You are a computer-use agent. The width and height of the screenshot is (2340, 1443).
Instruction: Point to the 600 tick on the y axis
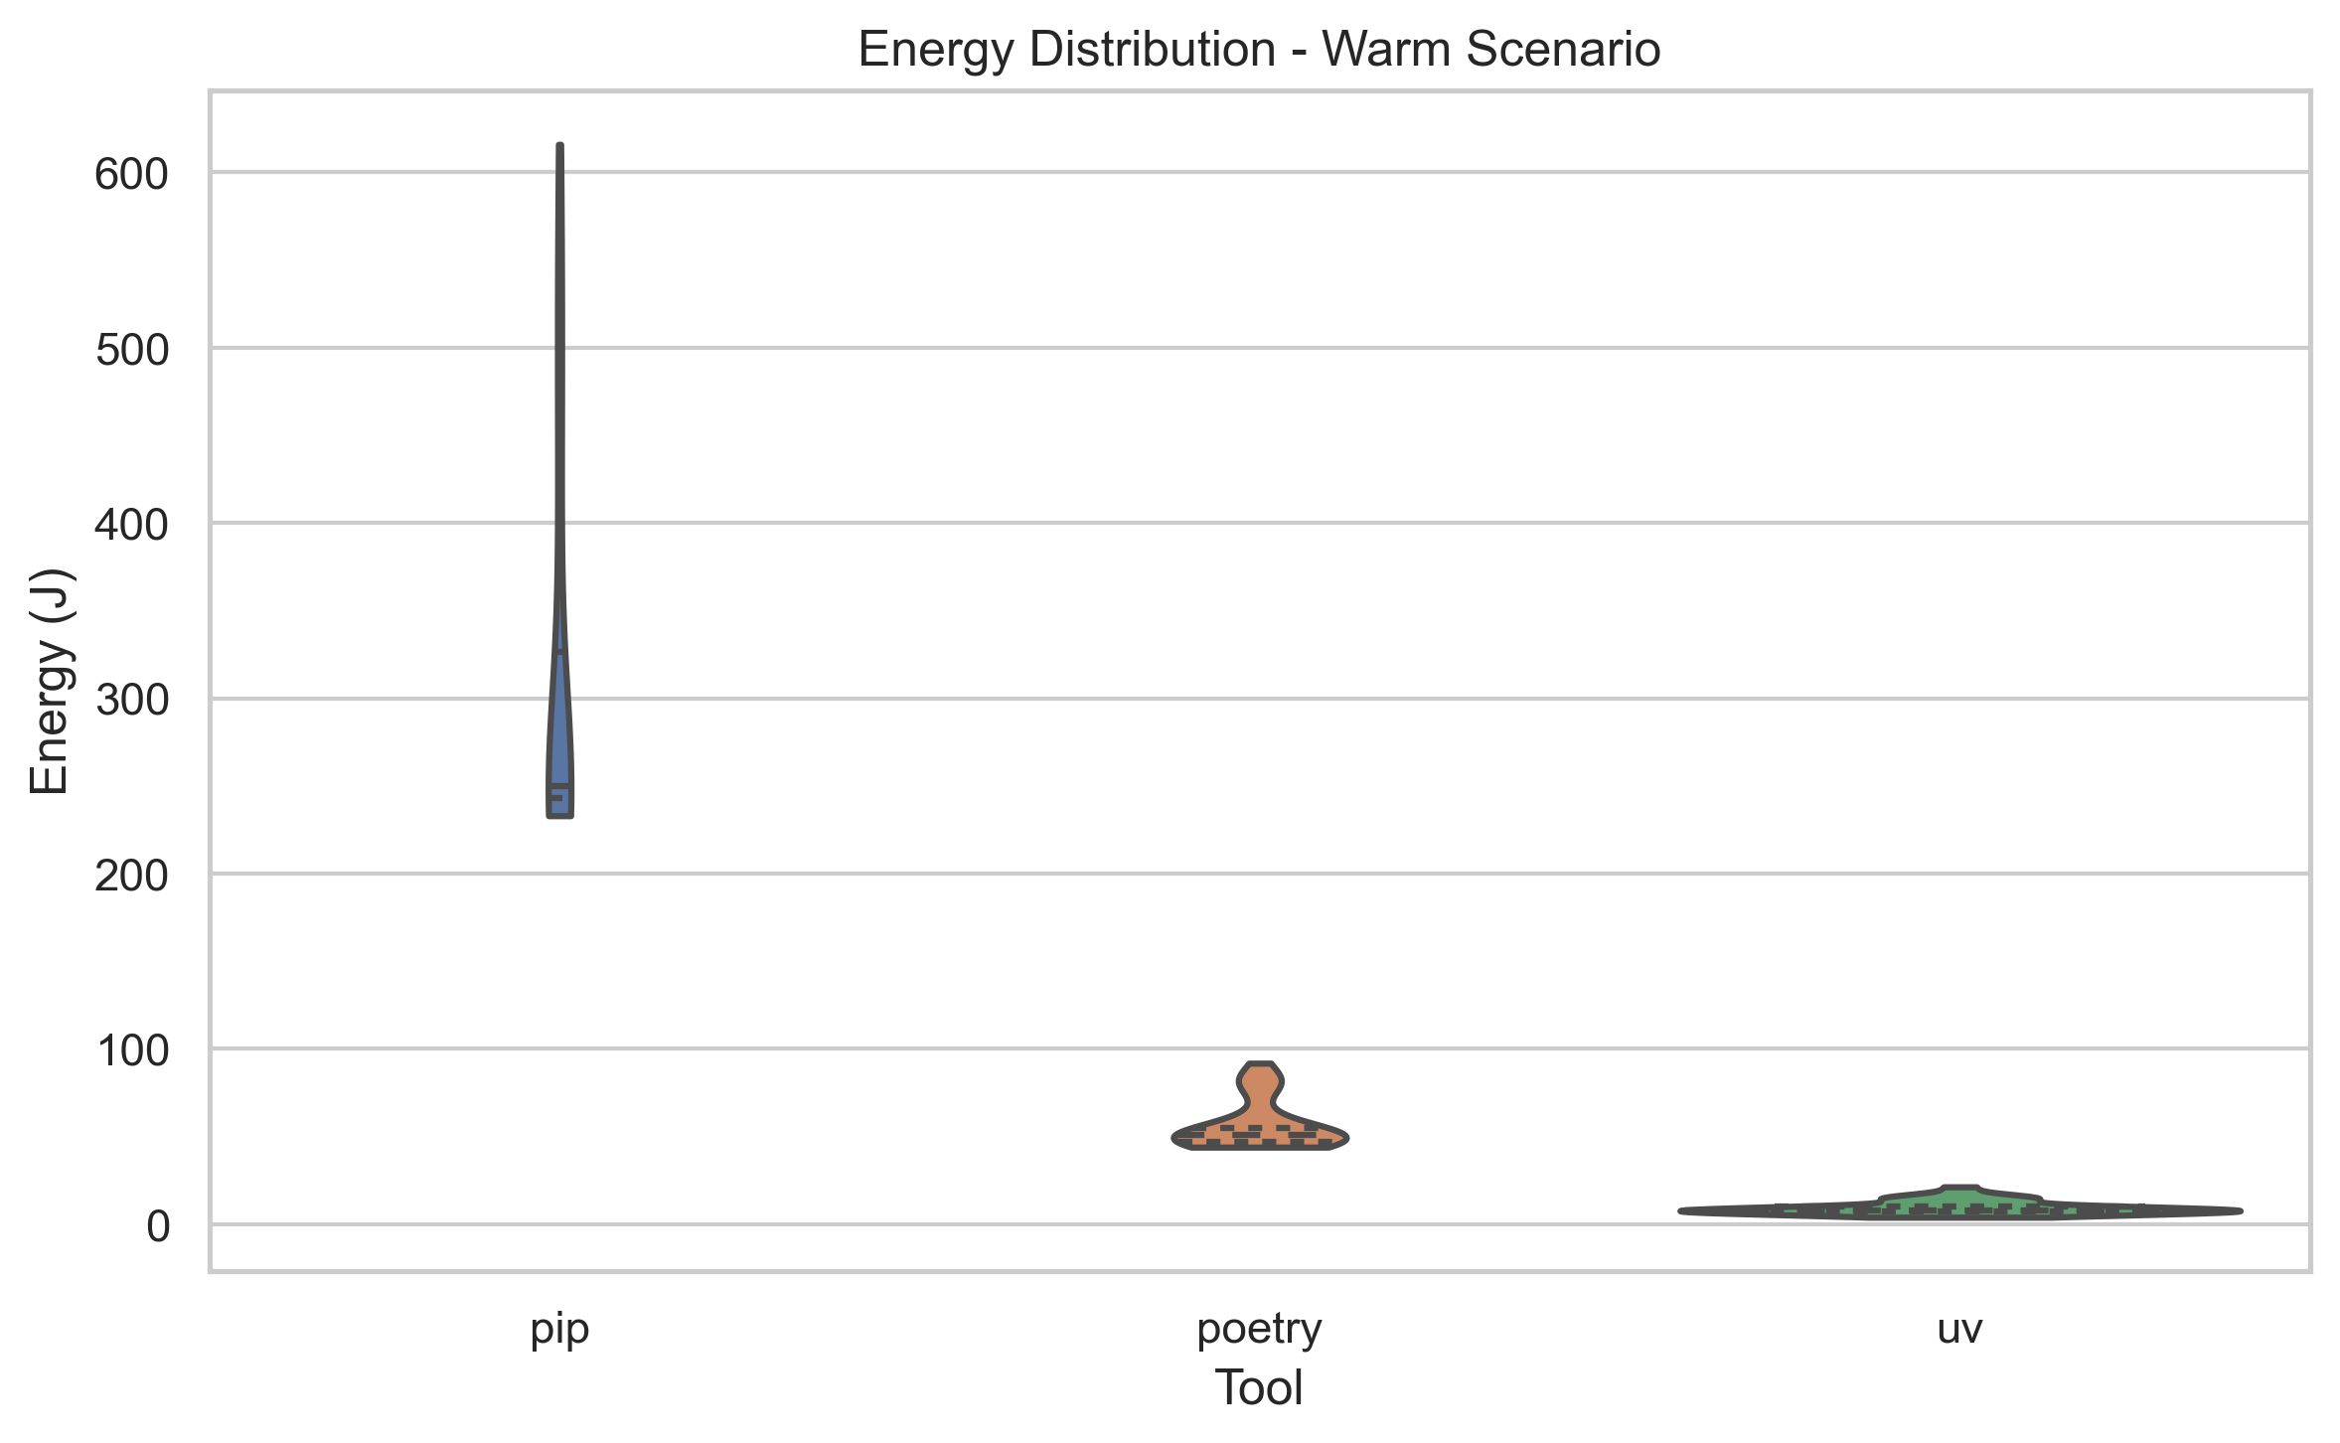coord(131,175)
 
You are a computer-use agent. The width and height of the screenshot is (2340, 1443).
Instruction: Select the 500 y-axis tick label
coord(131,350)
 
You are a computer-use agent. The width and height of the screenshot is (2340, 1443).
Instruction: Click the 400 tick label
coord(131,525)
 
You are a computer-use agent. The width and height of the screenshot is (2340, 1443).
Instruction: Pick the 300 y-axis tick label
coord(131,701)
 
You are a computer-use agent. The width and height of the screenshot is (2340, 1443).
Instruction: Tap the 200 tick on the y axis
coord(131,876)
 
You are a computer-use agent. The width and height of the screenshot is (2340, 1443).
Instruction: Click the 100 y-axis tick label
coord(131,1050)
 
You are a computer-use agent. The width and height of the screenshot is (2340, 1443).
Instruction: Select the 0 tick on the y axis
coord(158,1226)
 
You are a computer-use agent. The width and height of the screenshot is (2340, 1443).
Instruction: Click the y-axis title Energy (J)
coord(50,682)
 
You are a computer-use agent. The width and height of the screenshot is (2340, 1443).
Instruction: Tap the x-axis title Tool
coord(1259,1388)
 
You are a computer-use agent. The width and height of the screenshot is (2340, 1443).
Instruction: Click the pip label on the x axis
coord(559,1329)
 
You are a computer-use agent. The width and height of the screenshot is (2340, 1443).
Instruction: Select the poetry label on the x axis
coord(1259,1329)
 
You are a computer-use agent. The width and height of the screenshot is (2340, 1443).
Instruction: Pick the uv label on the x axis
coord(1959,1329)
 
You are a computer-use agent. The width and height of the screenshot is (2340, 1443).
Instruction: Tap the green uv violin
coord(1959,1205)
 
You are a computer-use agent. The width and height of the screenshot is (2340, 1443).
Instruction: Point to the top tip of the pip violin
coord(560,149)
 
